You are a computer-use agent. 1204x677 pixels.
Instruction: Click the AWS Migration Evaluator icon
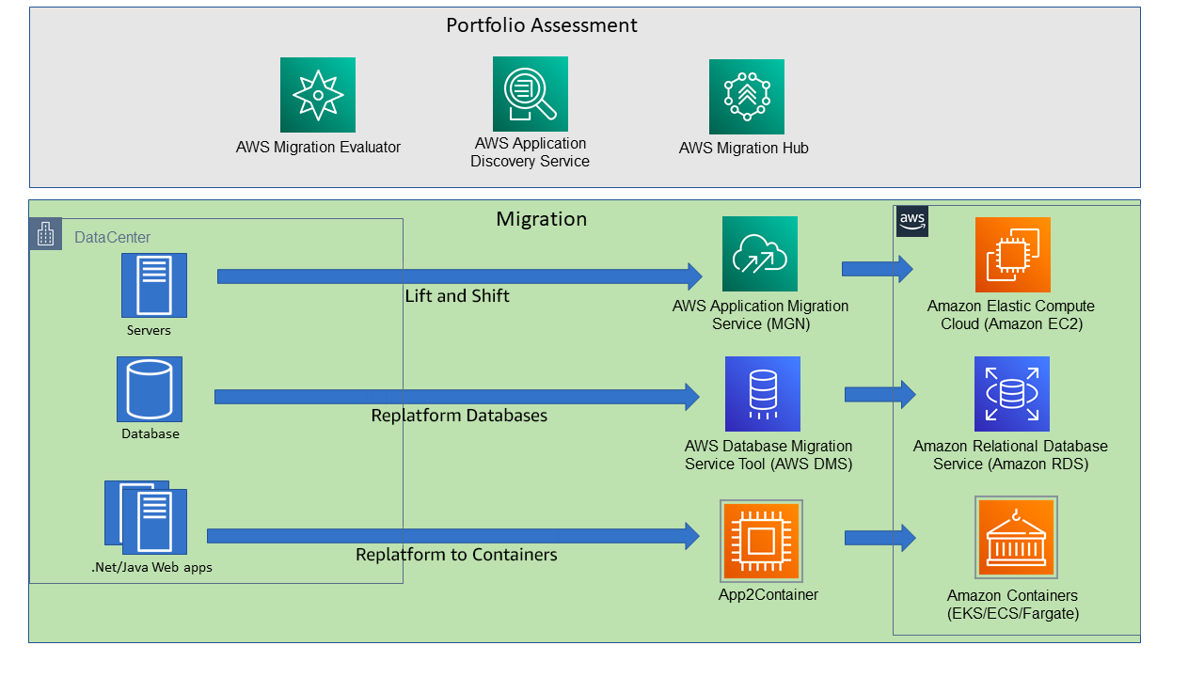318,94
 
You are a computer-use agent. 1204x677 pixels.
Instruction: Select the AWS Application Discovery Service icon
530,93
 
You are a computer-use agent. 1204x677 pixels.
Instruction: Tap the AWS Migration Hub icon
746,97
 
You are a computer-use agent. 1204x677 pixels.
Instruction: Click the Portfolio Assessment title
542,25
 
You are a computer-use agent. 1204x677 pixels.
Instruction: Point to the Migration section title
542,219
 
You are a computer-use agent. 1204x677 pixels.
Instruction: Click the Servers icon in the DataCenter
153,285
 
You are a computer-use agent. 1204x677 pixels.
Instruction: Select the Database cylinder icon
150,388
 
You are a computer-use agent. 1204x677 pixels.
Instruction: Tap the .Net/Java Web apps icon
146,517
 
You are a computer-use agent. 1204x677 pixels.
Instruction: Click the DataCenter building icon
45,234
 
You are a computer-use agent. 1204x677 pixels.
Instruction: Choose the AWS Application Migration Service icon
759,254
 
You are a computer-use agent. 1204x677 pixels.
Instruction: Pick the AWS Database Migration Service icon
762,393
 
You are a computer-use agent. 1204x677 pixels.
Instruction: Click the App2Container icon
761,541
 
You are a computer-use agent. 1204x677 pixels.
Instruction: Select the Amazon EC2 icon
1012,255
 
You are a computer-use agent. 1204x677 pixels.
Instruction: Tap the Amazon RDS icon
1011,393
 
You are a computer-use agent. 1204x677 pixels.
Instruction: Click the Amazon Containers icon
1016,537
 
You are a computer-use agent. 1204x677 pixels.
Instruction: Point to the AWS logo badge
912,221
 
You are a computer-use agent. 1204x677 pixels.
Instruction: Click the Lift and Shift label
457,296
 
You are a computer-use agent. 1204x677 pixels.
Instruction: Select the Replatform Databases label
459,416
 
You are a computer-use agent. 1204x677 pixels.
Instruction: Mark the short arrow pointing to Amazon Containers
879,538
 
